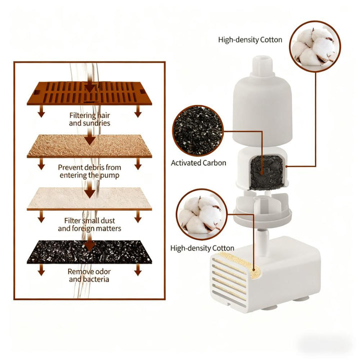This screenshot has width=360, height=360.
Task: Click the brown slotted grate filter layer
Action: click(89, 93)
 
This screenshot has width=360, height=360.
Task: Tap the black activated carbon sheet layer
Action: click(89, 252)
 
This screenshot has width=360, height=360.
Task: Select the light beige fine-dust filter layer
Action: click(89, 199)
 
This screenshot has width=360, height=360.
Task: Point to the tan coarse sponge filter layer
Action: click(89, 146)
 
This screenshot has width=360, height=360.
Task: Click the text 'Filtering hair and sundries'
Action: click(89, 119)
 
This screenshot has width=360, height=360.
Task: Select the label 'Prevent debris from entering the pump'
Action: click(89, 171)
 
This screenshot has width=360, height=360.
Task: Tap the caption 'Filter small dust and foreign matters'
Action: click(89, 224)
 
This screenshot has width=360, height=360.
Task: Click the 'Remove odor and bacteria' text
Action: click(89, 275)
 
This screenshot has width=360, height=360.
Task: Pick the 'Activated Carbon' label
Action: click(198, 163)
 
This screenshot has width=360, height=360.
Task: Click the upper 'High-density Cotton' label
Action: click(250, 39)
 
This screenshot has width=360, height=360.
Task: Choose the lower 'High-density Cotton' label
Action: click(202, 248)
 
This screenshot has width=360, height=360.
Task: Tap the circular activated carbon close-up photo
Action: click(198, 130)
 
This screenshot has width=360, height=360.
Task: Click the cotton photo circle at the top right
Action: click(315, 46)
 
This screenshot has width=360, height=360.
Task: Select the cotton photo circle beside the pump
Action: click(202, 214)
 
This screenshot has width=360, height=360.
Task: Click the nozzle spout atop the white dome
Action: click(262, 65)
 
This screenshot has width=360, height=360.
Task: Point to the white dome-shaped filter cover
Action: click(262, 110)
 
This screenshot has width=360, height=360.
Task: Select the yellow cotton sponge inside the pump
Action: click(239, 264)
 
